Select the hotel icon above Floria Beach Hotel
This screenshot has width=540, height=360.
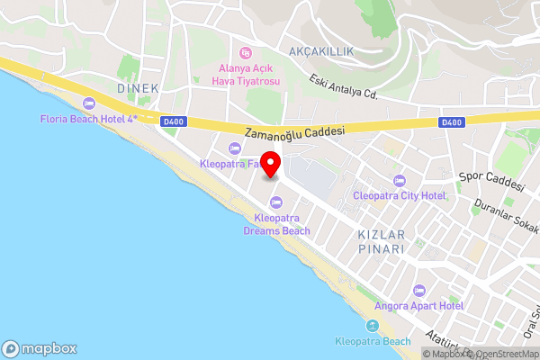(x=88, y=103)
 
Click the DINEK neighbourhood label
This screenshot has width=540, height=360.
(x=138, y=88)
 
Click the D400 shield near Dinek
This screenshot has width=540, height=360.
(x=174, y=121)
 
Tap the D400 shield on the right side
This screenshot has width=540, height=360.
(x=452, y=122)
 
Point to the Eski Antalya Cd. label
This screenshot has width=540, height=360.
(x=343, y=86)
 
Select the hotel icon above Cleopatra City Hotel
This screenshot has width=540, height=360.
(x=400, y=180)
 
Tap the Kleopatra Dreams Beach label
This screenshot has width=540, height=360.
(x=276, y=224)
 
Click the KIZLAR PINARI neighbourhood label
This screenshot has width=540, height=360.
(x=382, y=240)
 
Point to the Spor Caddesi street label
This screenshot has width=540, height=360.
(x=491, y=182)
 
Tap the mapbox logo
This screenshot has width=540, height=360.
(x=40, y=348)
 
